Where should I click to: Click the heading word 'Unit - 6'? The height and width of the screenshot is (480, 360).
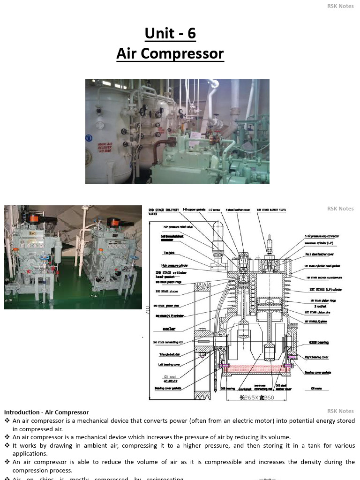[170, 33]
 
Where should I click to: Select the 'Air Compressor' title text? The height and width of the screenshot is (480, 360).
[170, 53]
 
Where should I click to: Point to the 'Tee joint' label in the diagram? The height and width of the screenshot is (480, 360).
[169, 253]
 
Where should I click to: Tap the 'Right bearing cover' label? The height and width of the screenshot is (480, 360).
[316, 357]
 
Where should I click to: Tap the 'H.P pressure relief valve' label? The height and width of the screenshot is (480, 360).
[175, 227]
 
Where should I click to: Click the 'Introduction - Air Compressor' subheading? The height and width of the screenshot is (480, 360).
[46, 412]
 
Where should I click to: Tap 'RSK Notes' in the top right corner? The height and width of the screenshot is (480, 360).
[340, 6]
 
